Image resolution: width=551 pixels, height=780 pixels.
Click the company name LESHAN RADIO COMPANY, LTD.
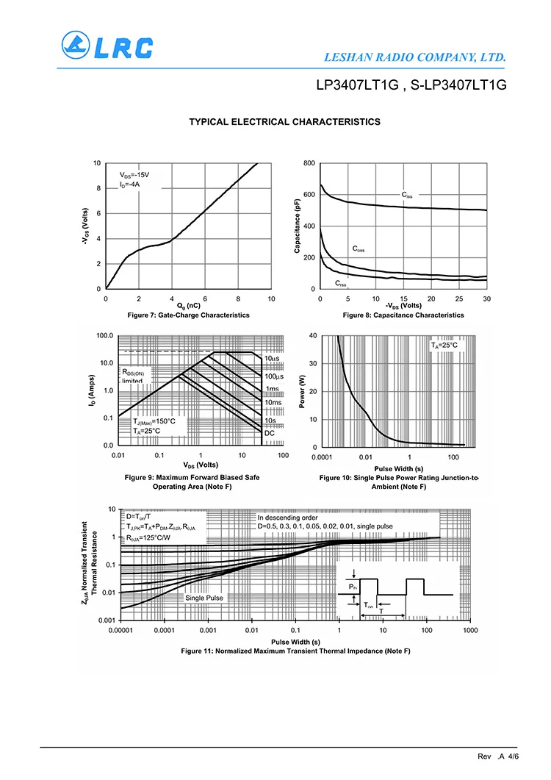tap(414, 57)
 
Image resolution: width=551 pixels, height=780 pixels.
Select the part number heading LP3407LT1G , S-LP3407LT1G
tap(411, 85)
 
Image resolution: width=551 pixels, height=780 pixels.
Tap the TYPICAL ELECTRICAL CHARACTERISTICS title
tap(285, 122)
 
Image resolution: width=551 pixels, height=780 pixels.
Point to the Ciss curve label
tap(407, 195)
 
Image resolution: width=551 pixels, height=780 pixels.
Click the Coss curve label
tap(358, 249)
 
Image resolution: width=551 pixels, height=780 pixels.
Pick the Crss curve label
tap(342, 284)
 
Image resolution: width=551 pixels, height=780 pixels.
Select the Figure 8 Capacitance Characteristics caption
tap(403, 315)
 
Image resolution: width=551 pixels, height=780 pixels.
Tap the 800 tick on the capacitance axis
tap(309, 163)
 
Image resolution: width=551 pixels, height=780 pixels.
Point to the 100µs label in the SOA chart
tap(274, 376)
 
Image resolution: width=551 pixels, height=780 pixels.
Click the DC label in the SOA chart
tap(269, 433)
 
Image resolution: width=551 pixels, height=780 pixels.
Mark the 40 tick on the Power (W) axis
tap(313, 336)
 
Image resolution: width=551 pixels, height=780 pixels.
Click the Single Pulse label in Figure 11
tap(204, 598)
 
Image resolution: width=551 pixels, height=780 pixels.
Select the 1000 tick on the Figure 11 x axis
tap(470, 631)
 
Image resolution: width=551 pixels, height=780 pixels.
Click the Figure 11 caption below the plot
tap(295, 651)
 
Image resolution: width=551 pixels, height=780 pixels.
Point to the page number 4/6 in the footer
tap(514, 756)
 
